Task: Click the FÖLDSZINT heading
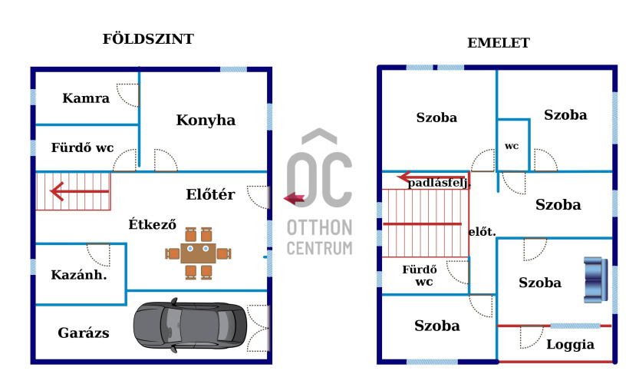(148, 39)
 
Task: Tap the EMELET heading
(499, 43)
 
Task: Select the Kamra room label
(86, 98)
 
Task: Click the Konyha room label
(206, 121)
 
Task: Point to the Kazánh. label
(78, 274)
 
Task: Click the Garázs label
(84, 333)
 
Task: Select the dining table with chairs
(199, 251)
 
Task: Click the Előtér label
(210, 194)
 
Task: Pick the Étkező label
(153, 225)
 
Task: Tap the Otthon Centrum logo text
(320, 237)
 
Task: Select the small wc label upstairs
(512, 146)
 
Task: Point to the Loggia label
(570, 344)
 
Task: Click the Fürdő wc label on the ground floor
(82, 148)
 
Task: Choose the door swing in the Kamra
(129, 95)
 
